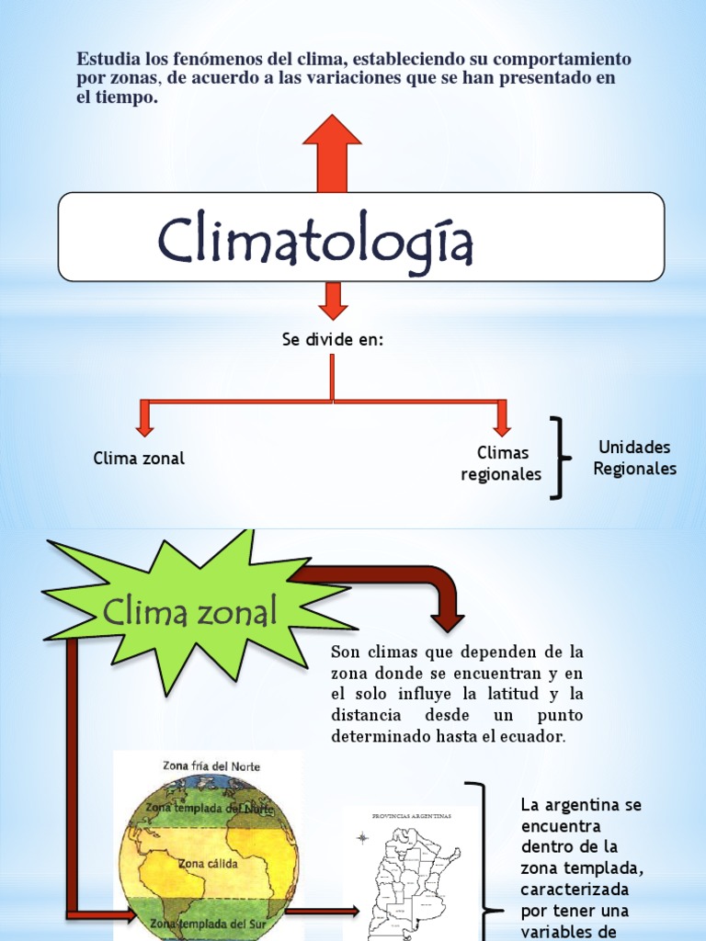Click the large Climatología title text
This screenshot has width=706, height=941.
[315, 240]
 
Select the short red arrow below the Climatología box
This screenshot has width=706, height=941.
[332, 300]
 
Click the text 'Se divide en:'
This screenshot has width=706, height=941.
[332, 340]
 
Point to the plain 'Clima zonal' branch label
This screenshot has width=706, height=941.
[139, 458]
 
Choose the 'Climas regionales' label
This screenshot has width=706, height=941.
[502, 463]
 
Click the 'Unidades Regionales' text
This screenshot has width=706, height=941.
[634, 458]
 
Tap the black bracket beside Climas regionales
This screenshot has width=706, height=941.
[556, 458]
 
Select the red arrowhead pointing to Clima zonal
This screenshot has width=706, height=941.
[144, 425]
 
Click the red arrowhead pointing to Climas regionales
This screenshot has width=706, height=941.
[501, 425]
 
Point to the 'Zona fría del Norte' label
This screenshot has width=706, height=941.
[211, 766]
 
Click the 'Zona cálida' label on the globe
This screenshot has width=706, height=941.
[208, 864]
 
